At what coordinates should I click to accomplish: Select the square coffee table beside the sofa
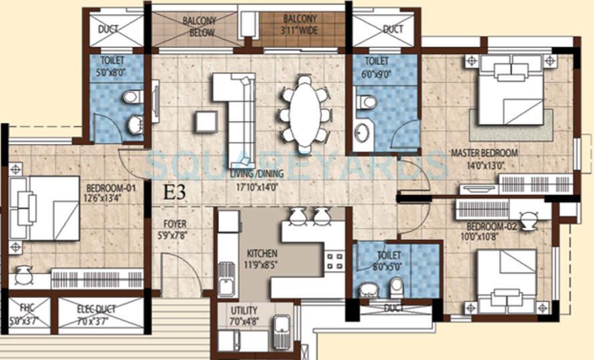pyautogui.click(x=206, y=122)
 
